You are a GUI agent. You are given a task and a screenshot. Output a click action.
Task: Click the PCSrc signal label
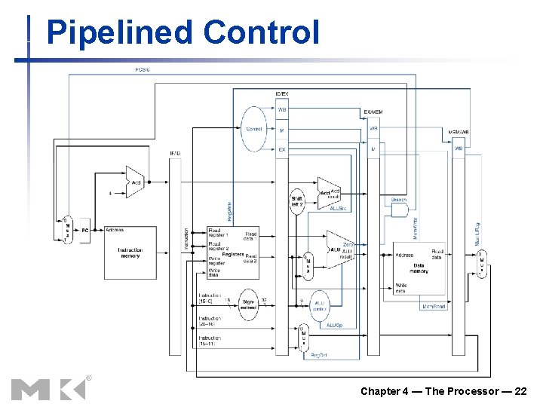(142, 69)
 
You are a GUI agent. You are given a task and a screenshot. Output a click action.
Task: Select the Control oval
(254, 129)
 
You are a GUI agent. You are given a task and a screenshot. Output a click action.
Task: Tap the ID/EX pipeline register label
(281, 93)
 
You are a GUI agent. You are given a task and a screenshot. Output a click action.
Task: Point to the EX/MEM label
(373, 112)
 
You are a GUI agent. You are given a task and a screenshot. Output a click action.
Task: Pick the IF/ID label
(175, 154)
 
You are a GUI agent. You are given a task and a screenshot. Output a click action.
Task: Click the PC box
(85, 230)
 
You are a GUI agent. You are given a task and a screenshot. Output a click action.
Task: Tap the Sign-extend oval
(248, 304)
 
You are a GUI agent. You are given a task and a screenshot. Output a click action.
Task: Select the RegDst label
(320, 354)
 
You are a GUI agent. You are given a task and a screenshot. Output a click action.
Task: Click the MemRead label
(434, 307)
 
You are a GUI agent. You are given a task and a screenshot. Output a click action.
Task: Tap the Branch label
(399, 199)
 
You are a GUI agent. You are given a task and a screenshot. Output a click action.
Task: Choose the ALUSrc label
(338, 209)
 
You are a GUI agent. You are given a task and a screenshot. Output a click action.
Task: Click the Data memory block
(419, 267)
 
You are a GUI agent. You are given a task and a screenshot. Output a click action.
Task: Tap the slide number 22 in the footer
(520, 391)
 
